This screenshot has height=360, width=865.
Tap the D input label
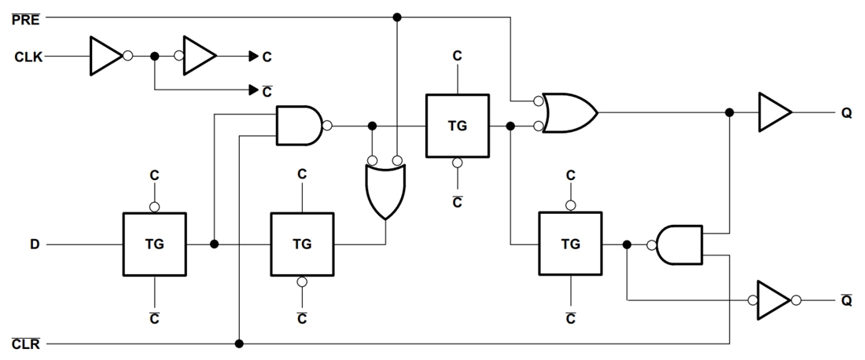pos(35,244)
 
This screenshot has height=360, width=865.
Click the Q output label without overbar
pos(846,113)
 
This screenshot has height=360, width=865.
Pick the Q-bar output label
pos(846,300)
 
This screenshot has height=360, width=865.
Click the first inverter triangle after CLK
pos(105,57)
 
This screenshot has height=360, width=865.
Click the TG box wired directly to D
pos(154,244)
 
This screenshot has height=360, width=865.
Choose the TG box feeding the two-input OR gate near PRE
pos(456,125)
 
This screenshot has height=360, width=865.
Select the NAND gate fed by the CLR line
pos(299,126)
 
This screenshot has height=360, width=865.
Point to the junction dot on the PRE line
pos(397,17)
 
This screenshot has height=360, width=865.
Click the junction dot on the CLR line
pos(239,343)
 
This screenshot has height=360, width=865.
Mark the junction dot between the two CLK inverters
pos(154,57)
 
